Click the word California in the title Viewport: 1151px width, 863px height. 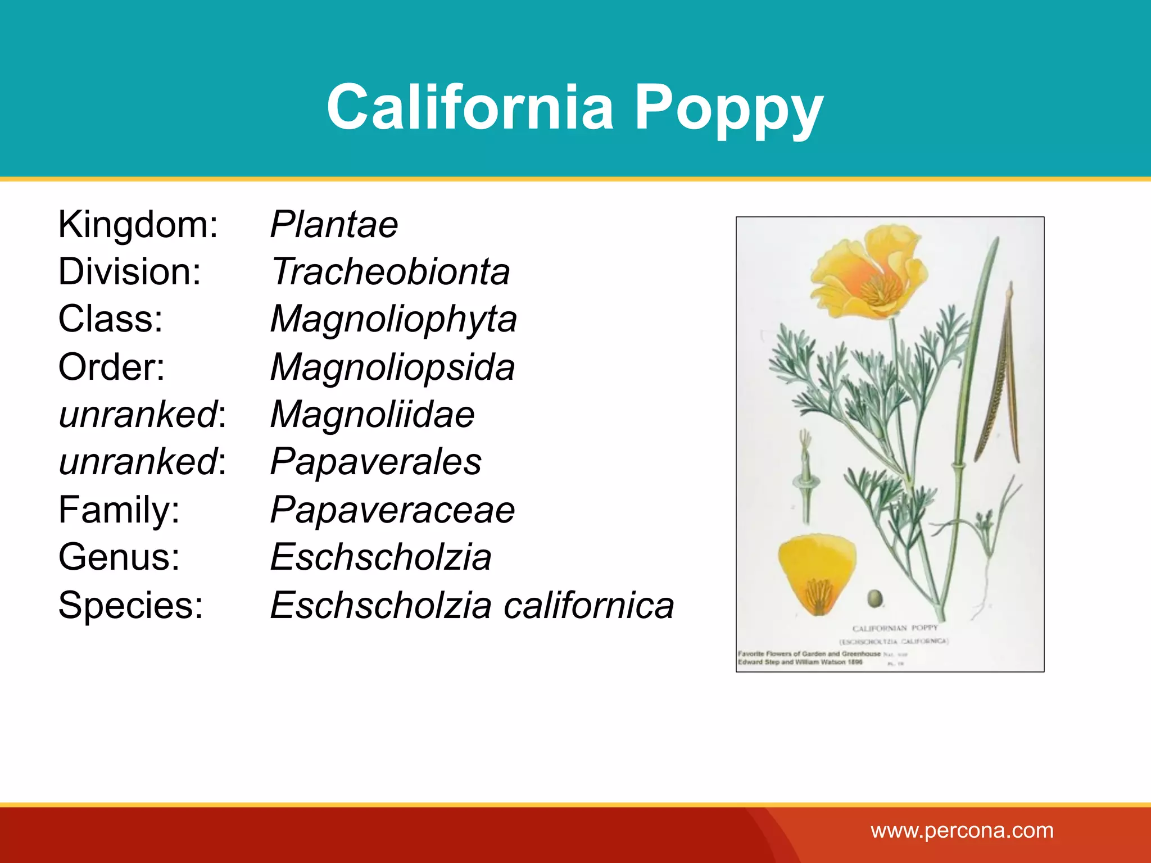470,107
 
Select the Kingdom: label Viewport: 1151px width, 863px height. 138,225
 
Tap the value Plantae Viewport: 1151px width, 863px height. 334,225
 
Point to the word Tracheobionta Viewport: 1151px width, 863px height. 390,272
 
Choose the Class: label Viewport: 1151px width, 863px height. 110,319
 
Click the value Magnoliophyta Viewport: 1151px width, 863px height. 393,319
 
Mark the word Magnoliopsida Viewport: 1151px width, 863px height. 392,367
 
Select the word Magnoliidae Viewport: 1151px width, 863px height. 372,415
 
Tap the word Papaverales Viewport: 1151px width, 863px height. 375,462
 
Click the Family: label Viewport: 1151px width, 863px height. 119,510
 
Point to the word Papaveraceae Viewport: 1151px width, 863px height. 392,510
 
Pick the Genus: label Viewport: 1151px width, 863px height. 119,557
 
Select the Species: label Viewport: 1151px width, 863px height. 130,605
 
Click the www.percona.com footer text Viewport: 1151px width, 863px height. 962,830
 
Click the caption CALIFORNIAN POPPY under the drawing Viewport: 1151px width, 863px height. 895,628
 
